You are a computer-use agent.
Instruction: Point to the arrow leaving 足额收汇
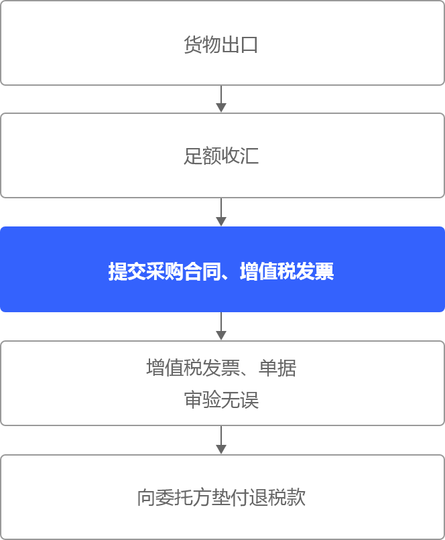point(221,213)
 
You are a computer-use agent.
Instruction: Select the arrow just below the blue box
point(221,327)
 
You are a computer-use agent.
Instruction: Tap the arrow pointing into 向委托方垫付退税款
point(221,441)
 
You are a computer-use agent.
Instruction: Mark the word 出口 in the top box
point(240,46)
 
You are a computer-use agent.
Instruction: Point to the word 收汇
point(240,157)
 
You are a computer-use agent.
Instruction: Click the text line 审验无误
point(222,401)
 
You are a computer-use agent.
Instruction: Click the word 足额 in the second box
point(202,157)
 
